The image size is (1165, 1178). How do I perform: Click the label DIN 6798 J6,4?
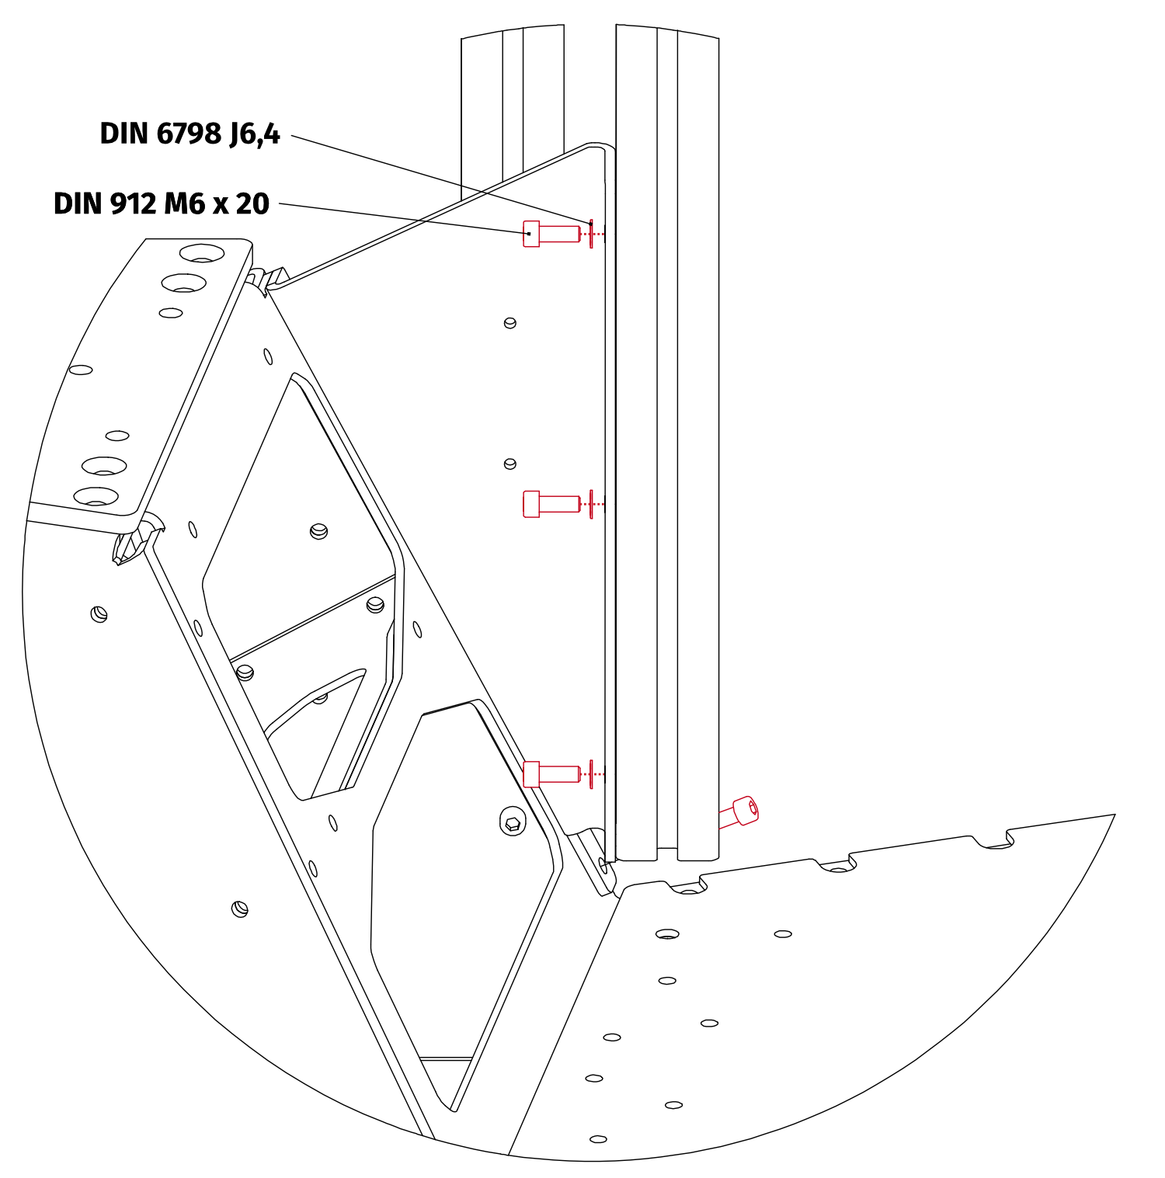(x=190, y=134)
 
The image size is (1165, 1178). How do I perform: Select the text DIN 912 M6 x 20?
(x=161, y=203)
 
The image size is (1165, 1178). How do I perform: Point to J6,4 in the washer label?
(x=254, y=134)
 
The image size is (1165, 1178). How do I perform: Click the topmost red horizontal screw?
(x=551, y=234)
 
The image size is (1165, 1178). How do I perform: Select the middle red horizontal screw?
(x=551, y=504)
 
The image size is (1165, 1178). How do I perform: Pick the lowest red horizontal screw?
(x=551, y=773)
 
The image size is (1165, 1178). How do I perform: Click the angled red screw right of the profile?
(x=739, y=812)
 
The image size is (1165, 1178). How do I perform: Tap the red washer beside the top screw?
(x=592, y=233)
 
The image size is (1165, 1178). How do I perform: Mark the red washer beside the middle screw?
(x=592, y=504)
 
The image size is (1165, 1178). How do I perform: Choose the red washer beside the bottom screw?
(x=592, y=773)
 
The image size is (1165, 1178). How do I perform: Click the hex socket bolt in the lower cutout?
(x=512, y=822)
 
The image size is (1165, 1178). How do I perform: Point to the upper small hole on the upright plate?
(x=510, y=322)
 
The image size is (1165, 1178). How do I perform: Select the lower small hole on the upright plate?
(x=510, y=464)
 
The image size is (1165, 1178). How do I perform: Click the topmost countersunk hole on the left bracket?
(x=202, y=253)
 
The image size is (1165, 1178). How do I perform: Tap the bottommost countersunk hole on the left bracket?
(x=96, y=495)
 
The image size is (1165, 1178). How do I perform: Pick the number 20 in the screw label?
(x=252, y=203)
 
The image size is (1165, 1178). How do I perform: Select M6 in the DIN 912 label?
(x=184, y=203)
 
